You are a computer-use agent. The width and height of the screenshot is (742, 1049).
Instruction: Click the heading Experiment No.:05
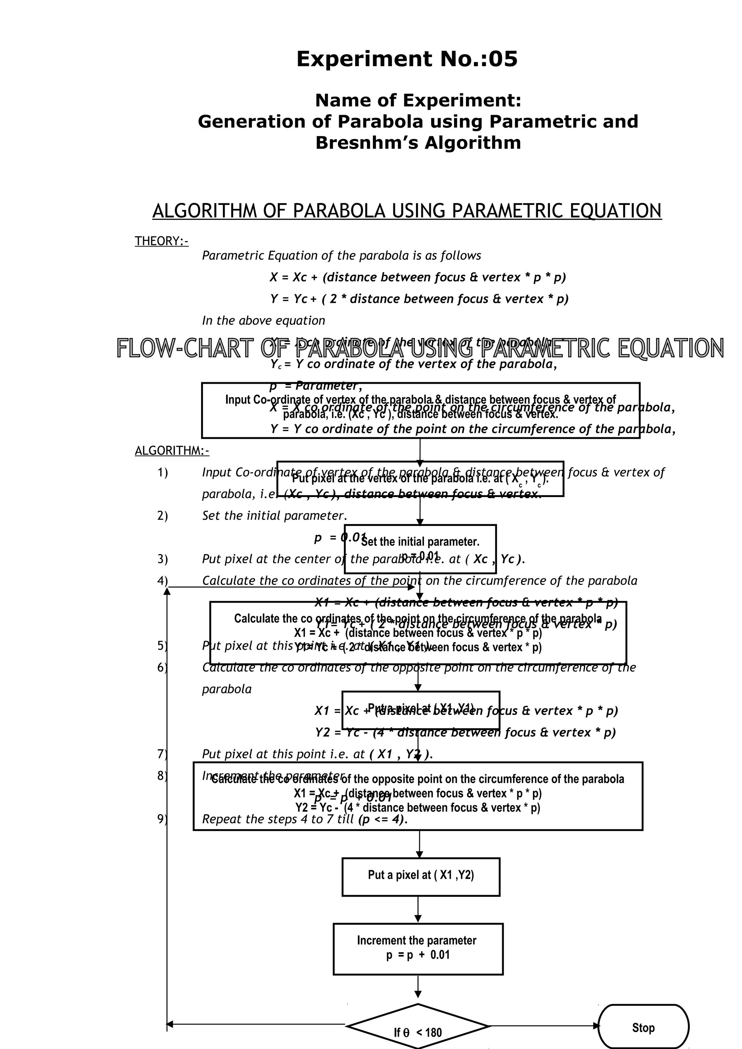click(407, 59)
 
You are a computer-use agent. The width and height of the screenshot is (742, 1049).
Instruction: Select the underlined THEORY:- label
click(161, 241)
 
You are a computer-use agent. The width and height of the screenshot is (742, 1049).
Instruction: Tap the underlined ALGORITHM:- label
click(172, 451)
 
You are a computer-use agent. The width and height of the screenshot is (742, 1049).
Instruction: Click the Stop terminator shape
click(643, 1028)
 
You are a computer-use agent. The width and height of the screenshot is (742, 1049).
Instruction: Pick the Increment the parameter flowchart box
click(418, 949)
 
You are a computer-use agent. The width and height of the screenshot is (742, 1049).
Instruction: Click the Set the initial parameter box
click(420, 548)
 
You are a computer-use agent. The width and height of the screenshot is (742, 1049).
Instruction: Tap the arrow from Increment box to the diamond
click(418, 990)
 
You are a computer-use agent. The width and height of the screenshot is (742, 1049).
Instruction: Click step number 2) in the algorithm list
click(163, 516)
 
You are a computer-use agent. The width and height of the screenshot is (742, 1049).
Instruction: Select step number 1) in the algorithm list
click(163, 472)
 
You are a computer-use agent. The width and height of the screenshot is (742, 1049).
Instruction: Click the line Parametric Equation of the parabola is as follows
click(342, 256)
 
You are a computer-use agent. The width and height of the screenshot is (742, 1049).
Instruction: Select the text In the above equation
click(263, 321)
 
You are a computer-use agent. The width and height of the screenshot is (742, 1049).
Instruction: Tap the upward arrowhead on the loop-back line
click(167, 591)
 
